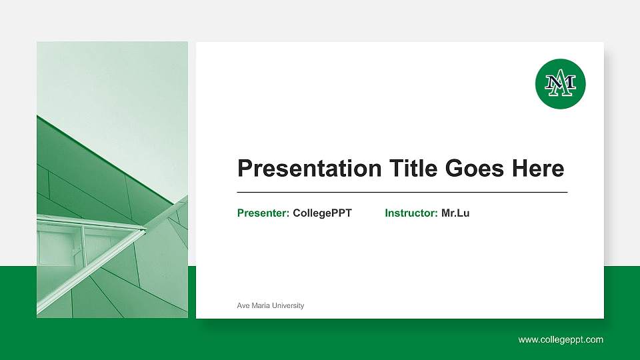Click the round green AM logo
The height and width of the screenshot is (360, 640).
pyautogui.click(x=560, y=83)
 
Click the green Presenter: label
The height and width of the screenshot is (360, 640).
pyautogui.click(x=263, y=213)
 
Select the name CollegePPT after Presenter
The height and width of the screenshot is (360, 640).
pyautogui.click(x=322, y=213)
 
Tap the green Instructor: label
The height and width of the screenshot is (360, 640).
pyautogui.click(x=411, y=213)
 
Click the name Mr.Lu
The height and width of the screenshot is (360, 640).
pyautogui.click(x=455, y=213)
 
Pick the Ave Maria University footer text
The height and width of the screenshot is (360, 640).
pyautogui.click(x=270, y=305)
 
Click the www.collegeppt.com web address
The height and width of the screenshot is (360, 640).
pyautogui.click(x=561, y=340)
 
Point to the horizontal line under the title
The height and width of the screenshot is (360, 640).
pyautogui.click(x=402, y=192)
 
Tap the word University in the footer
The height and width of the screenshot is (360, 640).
pyautogui.click(x=288, y=305)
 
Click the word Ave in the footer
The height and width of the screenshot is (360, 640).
pyautogui.click(x=243, y=305)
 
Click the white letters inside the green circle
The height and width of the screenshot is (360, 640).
pyautogui.click(x=560, y=84)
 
